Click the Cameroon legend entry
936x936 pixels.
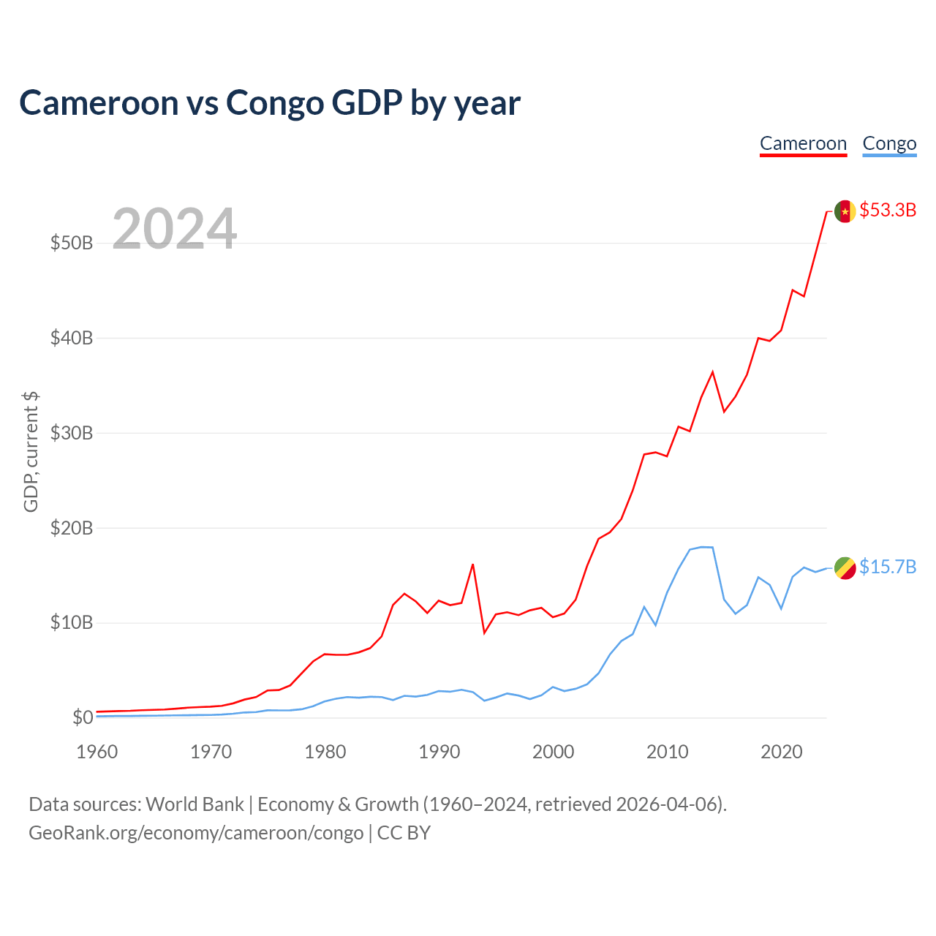point(803,144)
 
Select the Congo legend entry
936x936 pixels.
point(889,144)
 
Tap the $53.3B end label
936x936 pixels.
point(888,210)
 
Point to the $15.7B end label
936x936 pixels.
point(888,567)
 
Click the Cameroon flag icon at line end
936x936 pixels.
point(845,211)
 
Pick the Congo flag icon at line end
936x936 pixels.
point(845,568)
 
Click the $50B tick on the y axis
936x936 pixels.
point(72,243)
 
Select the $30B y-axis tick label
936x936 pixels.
point(72,433)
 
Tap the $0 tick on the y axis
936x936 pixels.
point(83,717)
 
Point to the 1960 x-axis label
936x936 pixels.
point(97,752)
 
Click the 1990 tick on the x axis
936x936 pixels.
point(439,752)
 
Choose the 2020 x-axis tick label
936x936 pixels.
point(781,752)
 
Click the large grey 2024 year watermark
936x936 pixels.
point(174,228)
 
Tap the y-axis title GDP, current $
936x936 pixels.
point(31,452)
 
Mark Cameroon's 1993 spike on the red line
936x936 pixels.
point(472,565)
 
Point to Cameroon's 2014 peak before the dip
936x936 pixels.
point(712,372)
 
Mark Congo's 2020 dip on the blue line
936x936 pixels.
point(781,608)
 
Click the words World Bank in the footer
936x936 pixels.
point(195,804)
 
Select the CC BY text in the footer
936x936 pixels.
point(404,833)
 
